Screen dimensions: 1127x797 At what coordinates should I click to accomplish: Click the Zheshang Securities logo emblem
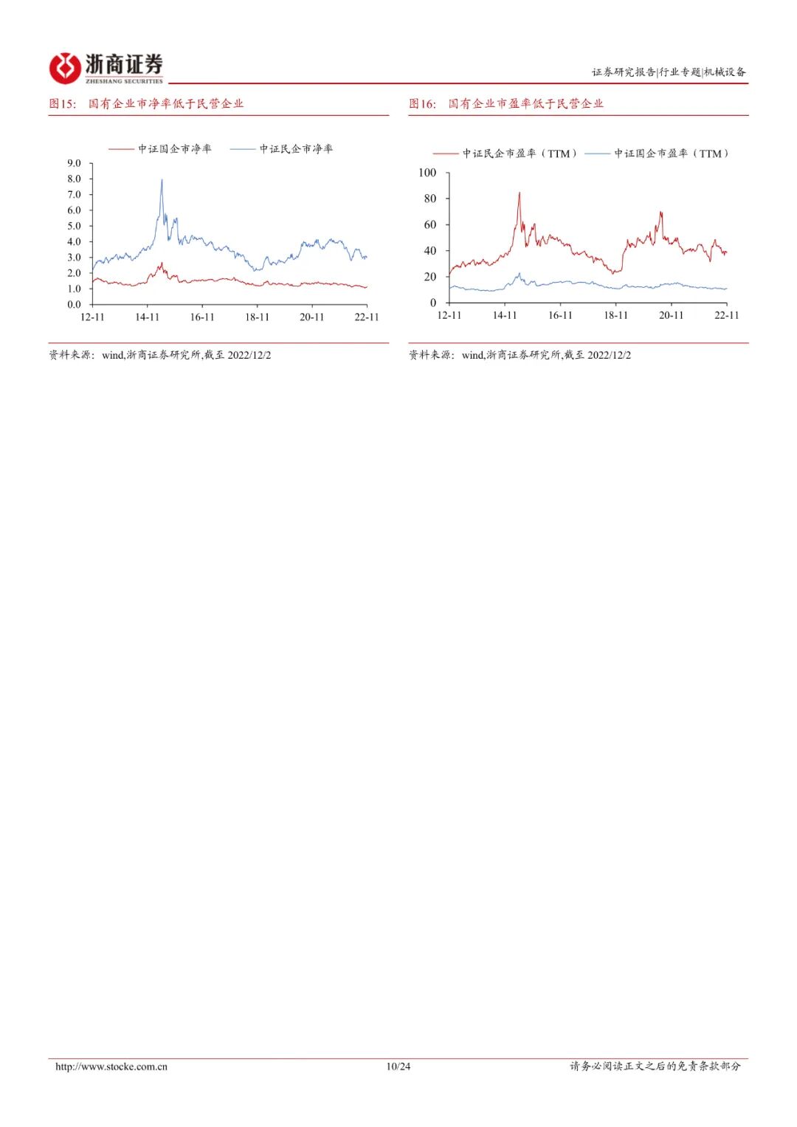click(x=65, y=69)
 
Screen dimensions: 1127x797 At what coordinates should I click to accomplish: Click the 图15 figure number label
click(x=63, y=104)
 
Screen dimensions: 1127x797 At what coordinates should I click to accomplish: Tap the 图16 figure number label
click(x=423, y=104)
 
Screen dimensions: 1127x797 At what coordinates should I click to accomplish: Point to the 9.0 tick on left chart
click(x=74, y=163)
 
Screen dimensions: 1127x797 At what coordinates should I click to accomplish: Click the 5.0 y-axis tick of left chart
click(x=74, y=226)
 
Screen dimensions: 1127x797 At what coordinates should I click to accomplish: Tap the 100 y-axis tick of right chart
click(x=427, y=173)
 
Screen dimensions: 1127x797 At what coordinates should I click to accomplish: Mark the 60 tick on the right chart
click(x=429, y=224)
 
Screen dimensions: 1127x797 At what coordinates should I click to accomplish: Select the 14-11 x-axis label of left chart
click(x=147, y=317)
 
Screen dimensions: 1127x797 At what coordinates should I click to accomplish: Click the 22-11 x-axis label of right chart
click(x=726, y=315)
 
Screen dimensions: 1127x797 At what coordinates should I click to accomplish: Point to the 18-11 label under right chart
click(x=615, y=315)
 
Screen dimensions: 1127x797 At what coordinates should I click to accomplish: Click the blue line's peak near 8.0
click(x=162, y=180)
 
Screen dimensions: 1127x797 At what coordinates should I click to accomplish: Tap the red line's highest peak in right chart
click(x=519, y=193)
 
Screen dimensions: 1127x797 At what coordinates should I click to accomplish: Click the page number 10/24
click(x=398, y=1066)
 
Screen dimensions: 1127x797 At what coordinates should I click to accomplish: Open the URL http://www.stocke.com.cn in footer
click(x=111, y=1066)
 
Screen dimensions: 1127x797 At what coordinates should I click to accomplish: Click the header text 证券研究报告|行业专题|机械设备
click(x=669, y=72)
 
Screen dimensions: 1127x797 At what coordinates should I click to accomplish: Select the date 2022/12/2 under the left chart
click(x=249, y=355)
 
